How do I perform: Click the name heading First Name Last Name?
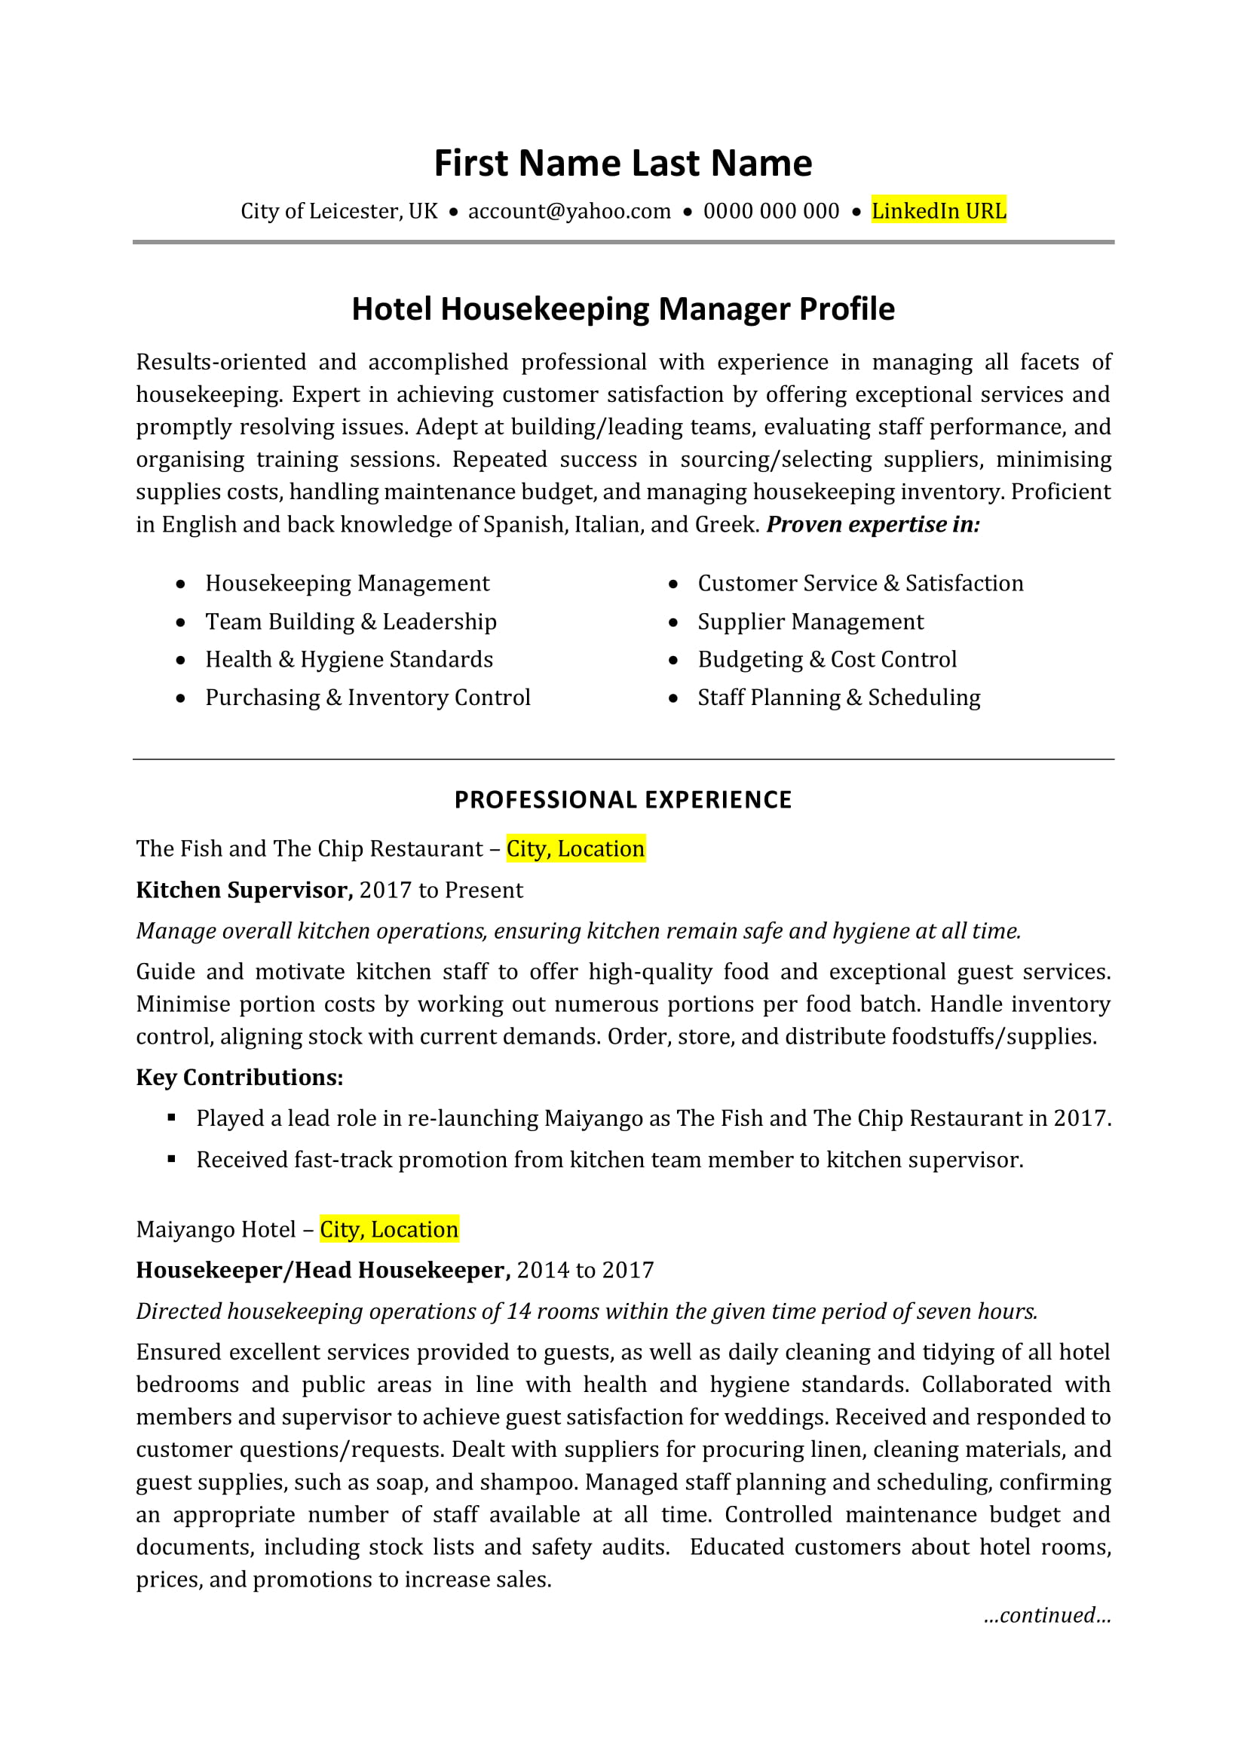(623, 164)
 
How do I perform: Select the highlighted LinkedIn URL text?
(939, 211)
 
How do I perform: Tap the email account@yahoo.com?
(569, 211)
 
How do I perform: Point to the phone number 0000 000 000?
(771, 211)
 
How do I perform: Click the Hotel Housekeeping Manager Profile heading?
(623, 308)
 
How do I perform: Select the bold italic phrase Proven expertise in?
(873, 524)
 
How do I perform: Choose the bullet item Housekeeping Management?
(347, 584)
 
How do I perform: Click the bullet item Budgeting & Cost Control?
(827, 660)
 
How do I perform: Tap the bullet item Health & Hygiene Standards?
(348, 660)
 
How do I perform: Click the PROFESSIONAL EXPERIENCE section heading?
(623, 800)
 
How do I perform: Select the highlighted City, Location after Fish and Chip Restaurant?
(575, 849)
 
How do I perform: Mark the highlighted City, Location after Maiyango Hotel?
(389, 1230)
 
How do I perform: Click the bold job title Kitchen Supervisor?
(244, 891)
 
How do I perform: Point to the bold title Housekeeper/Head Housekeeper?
(323, 1271)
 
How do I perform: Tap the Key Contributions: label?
(240, 1078)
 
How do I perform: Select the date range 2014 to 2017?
(585, 1271)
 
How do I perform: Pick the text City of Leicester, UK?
(339, 211)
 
